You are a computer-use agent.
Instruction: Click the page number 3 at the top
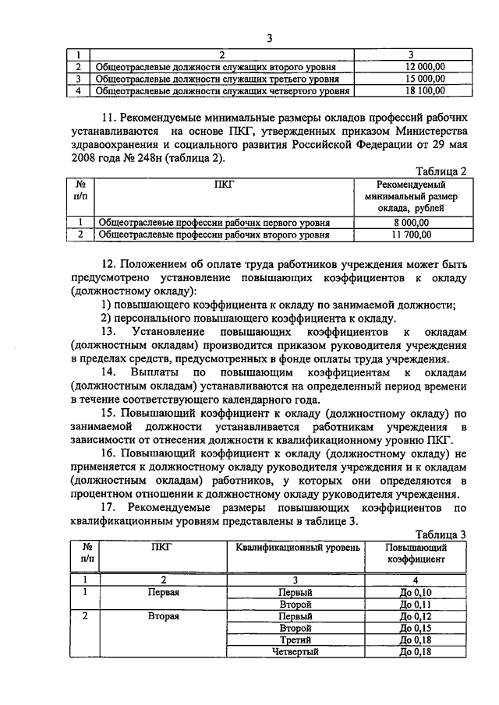270,39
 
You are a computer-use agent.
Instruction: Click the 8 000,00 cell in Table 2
410,222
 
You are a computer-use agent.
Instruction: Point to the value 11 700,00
410,234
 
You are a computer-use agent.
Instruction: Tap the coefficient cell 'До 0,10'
415,592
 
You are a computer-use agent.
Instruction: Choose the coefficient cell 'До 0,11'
415,604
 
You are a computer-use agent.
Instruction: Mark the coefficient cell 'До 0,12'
415,616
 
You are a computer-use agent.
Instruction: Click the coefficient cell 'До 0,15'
415,628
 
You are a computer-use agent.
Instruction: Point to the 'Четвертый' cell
296,651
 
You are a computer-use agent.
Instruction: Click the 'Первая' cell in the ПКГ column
164,592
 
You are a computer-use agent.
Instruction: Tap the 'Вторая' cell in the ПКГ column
164,616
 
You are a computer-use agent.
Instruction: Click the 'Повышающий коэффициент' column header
415,553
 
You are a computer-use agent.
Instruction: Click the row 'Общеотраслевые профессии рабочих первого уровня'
211,222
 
